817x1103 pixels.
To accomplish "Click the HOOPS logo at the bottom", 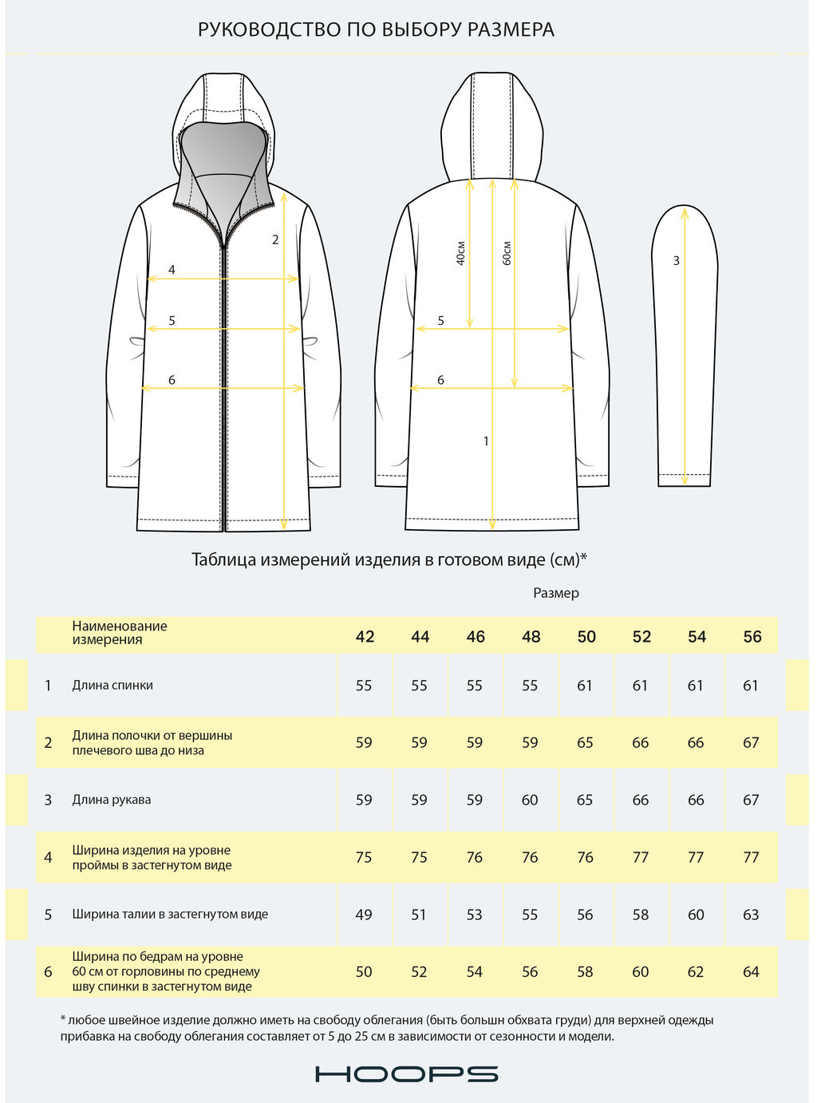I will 407,1073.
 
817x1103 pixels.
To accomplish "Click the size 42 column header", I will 365,637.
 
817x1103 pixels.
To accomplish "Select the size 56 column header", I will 752,637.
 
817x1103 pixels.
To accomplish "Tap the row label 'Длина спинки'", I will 112,686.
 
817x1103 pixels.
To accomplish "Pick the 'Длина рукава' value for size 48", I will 530,800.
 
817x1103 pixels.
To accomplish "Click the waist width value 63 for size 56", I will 751,915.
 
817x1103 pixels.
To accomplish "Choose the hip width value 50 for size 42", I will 364,972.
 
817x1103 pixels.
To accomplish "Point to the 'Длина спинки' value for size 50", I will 585,686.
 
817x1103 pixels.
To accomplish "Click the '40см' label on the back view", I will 461,253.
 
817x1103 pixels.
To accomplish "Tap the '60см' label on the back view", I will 507,253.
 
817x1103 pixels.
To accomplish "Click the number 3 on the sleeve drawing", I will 677,261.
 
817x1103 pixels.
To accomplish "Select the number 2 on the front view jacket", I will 275,239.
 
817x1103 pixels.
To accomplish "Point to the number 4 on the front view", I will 172,271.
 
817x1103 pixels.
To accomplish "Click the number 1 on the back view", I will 486,441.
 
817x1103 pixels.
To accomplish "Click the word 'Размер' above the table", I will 556,593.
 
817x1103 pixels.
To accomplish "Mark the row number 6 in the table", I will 48,972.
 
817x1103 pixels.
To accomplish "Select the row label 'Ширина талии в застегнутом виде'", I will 170,915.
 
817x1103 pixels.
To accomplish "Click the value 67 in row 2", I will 751,743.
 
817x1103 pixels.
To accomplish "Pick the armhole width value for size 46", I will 475,857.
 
